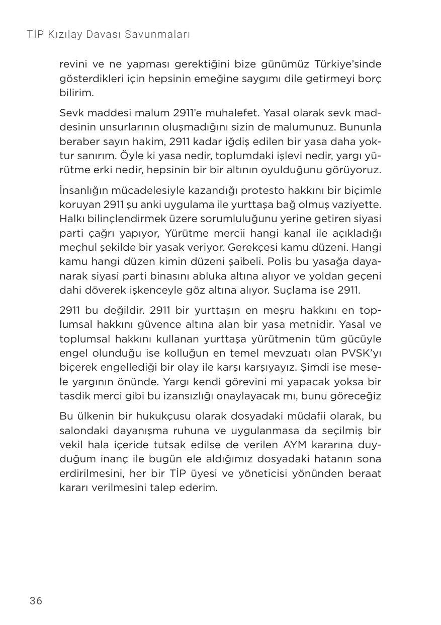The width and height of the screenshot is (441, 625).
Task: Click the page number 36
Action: (x=36, y=601)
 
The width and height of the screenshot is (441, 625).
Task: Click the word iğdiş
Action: (x=245, y=141)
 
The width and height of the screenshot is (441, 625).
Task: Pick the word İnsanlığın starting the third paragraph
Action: (x=83, y=190)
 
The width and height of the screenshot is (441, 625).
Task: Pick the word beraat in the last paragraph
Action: (x=365, y=473)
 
